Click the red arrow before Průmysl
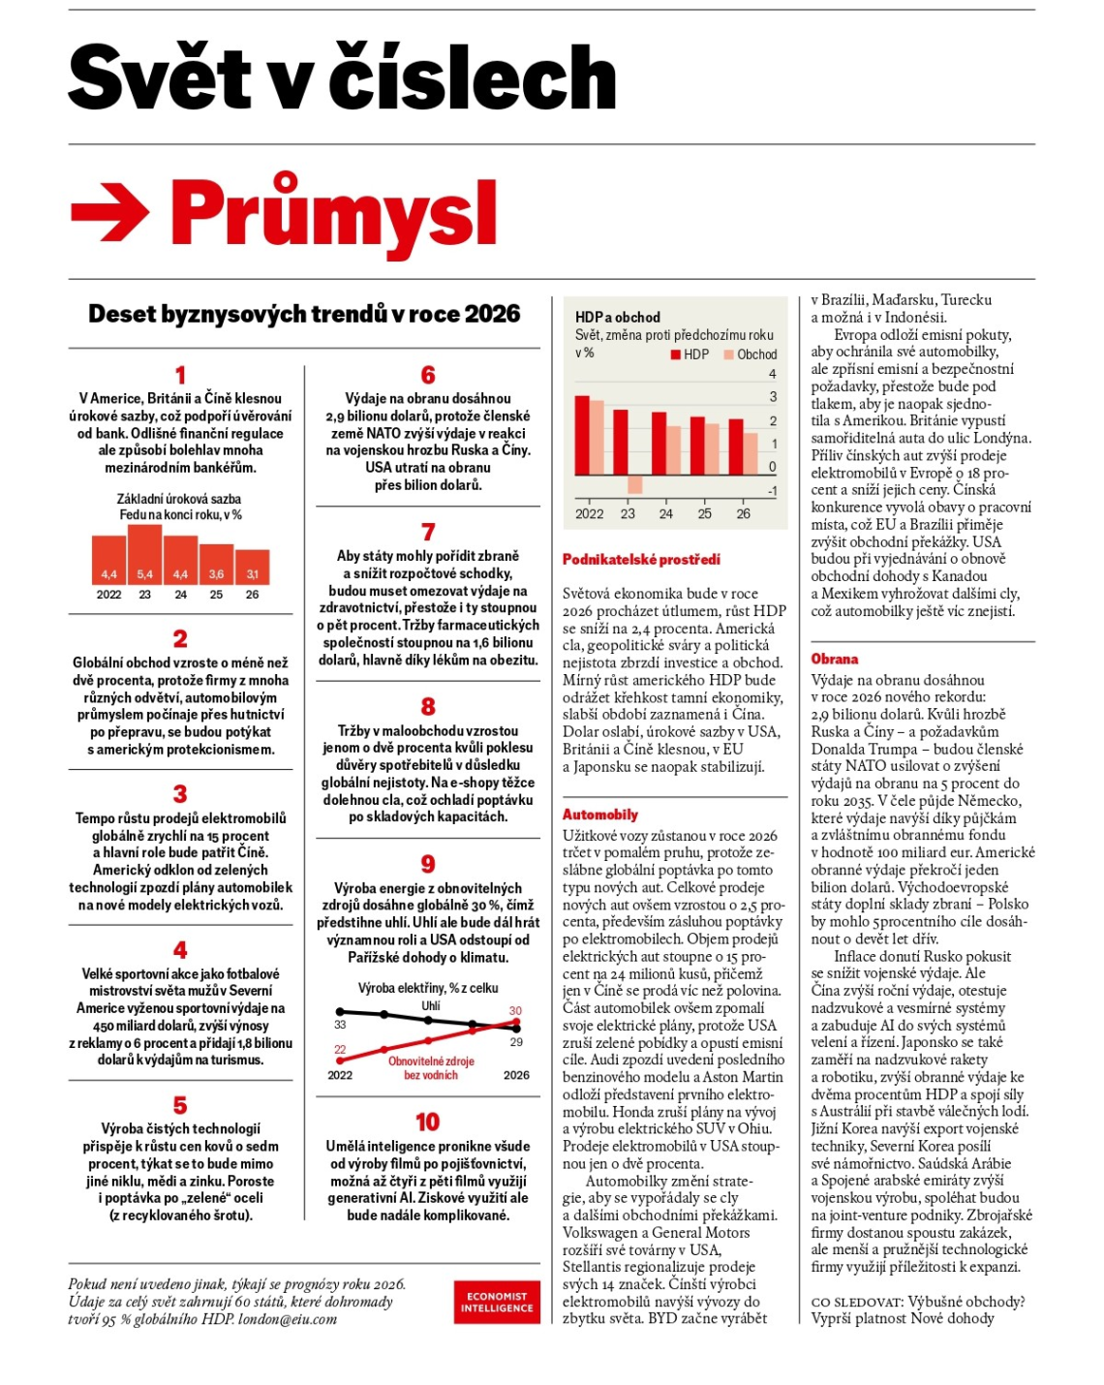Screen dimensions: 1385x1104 pos(109,213)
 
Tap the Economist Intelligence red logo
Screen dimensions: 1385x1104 pos(497,1302)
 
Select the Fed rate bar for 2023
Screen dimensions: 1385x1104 pos(144,554)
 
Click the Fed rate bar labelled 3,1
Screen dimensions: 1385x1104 pos(253,567)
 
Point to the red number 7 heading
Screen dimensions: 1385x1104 pos(428,532)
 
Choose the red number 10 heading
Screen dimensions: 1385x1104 pos(427,1122)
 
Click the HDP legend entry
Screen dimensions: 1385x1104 pos(690,354)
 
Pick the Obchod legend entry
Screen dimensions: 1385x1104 pos(751,354)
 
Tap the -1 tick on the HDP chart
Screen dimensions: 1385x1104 pos(772,491)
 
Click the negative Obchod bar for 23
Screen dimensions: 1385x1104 pos(635,484)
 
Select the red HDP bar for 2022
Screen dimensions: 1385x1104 pos(583,436)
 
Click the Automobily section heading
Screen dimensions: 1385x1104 pos(600,815)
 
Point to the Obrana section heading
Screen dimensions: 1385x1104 pos(835,659)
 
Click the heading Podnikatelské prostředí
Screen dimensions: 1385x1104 pos(641,559)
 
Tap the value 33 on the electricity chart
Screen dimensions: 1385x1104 pos(340,1024)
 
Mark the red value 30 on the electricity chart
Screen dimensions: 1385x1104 pos(515,1010)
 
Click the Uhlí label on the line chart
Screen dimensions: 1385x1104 pos(431,1005)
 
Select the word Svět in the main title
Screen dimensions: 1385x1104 pos(160,77)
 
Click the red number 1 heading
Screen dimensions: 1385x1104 pos(180,375)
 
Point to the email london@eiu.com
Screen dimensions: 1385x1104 pos(288,1319)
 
